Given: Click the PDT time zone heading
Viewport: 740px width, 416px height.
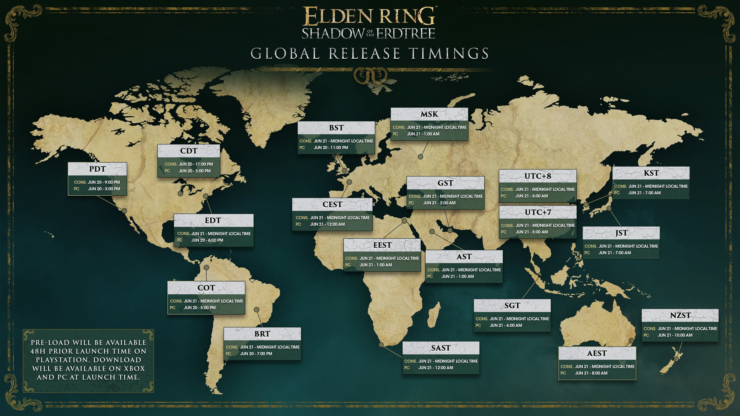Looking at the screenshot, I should [97, 169].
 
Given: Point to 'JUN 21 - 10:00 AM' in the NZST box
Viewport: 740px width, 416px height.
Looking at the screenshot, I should [675, 335].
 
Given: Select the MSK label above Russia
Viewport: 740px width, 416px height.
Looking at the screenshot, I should [429, 114].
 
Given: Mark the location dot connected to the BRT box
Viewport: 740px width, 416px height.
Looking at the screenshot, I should [257, 309].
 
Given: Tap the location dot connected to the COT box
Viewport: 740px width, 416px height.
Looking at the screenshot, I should [206, 268].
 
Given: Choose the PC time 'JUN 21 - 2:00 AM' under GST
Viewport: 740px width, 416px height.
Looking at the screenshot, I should [439, 203].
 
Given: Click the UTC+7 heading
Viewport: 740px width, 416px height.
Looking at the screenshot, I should [538, 212].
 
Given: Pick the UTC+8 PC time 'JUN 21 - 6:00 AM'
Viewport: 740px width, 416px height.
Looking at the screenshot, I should [531, 196].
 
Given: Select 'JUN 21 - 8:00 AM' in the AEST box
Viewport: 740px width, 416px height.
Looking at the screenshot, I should [591, 373].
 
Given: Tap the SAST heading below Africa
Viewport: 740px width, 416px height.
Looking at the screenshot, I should [441, 348].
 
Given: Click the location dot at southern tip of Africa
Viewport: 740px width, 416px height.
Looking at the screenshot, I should [381, 345].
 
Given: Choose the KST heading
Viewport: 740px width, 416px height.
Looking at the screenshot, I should [651, 173].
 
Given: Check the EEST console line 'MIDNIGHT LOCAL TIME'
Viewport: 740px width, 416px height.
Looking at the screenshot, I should [398, 258].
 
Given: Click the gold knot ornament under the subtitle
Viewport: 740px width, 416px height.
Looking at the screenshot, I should [370, 75].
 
